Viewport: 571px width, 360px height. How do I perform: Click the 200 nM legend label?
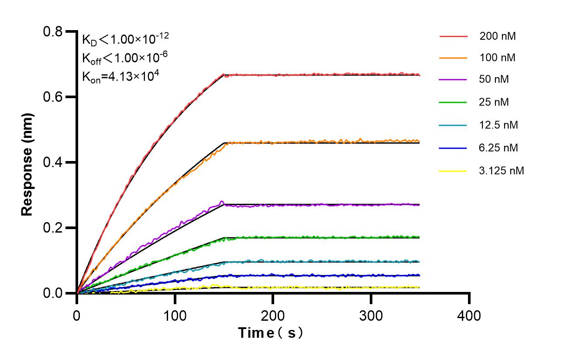498,36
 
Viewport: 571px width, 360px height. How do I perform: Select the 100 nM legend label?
498,58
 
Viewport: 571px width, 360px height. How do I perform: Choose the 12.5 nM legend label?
499,125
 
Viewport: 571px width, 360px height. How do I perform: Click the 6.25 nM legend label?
499,148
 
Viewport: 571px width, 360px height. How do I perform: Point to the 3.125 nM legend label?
501,171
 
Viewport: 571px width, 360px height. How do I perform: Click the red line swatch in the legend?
453,36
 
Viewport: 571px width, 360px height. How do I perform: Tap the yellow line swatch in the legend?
453,171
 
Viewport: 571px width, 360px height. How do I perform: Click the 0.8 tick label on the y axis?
53,31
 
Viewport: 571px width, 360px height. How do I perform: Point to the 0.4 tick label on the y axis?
53,162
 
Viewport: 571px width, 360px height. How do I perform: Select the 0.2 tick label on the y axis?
53,228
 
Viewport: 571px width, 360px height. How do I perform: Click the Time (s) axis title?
271,333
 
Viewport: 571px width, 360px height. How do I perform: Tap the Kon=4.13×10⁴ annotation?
120,76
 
